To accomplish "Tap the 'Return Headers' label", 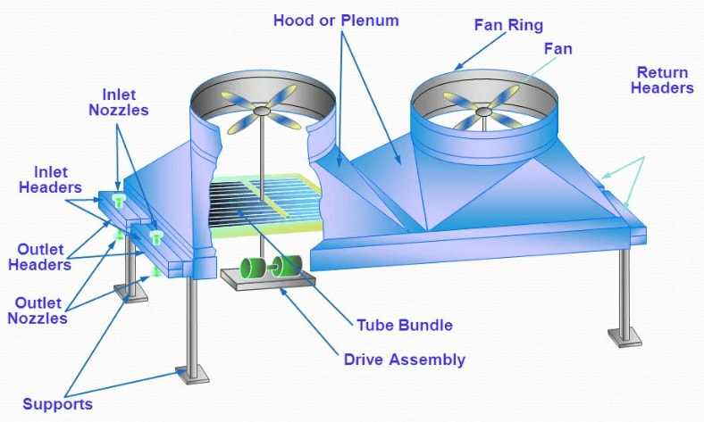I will tap(664, 79).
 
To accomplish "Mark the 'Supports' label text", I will tap(58, 404).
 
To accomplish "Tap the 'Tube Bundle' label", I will tap(404, 324).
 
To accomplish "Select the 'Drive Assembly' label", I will tap(404, 360).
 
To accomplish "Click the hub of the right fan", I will tap(483, 112).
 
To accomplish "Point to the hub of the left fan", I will tap(261, 112).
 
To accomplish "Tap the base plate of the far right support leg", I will tap(624, 337).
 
